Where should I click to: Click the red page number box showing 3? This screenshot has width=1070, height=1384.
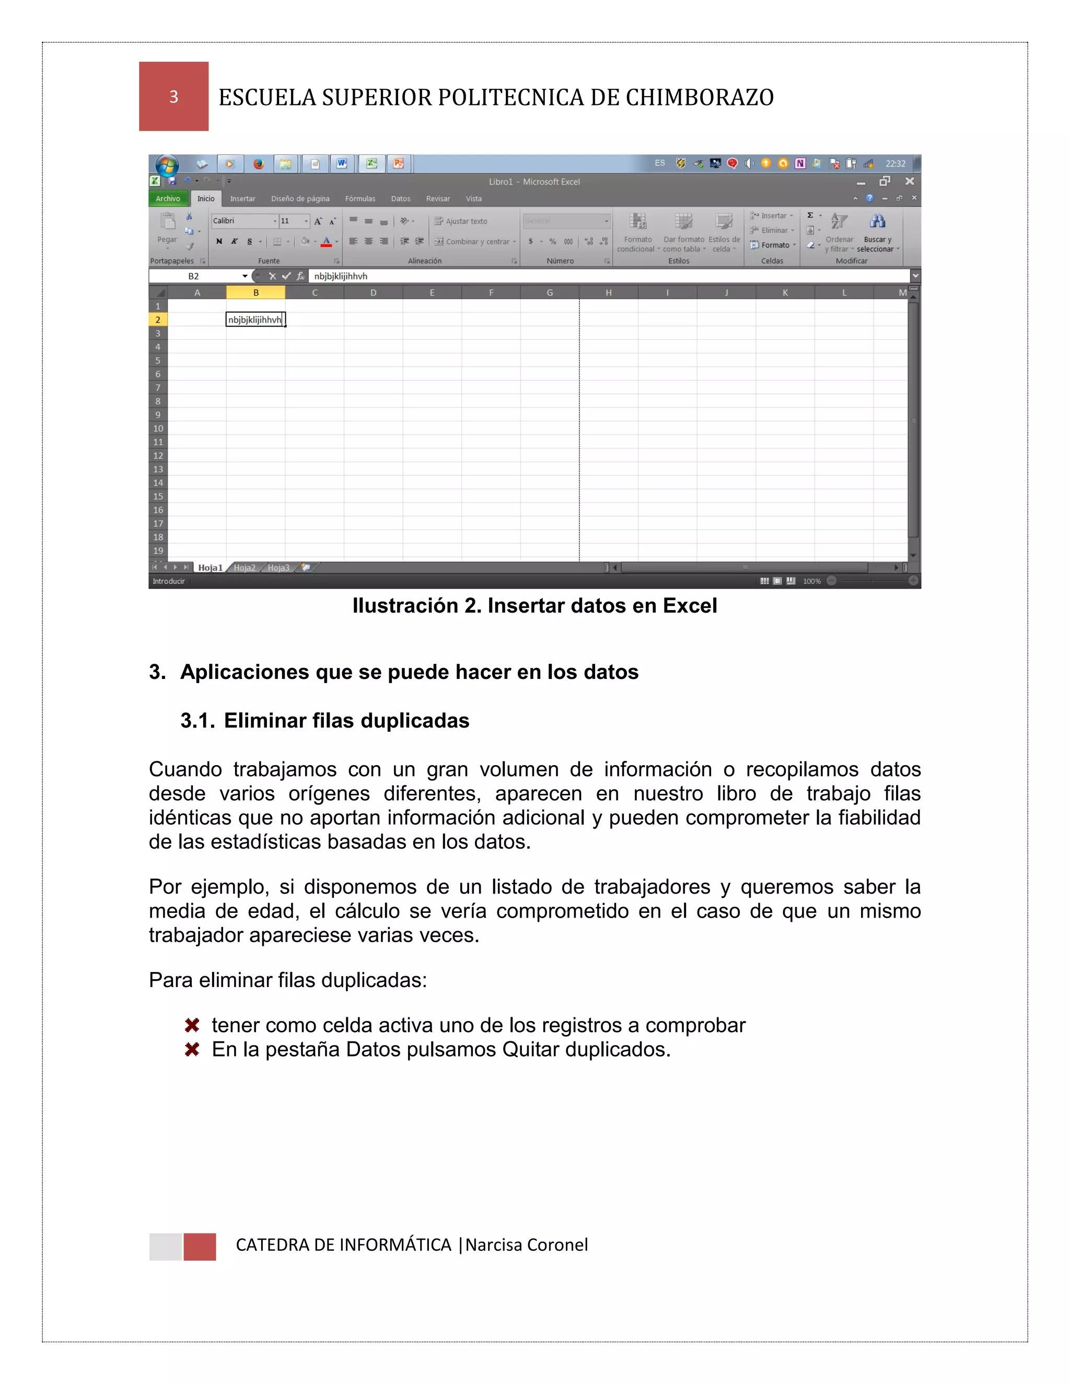[x=173, y=96]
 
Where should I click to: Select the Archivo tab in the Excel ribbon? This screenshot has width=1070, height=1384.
[x=168, y=198]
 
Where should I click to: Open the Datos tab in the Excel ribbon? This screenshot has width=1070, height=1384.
[x=400, y=198]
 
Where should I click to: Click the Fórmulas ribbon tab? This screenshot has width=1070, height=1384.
[x=360, y=198]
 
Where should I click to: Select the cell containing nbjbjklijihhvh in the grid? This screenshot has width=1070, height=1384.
[x=255, y=320]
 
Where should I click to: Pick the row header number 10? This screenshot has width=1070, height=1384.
[x=158, y=428]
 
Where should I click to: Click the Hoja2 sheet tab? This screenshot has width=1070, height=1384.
[x=244, y=568]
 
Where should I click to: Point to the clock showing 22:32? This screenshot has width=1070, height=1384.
[x=895, y=163]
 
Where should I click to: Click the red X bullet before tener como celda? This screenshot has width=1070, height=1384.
[x=192, y=1025]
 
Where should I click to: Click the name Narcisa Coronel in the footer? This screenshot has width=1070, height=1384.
[x=527, y=1245]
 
